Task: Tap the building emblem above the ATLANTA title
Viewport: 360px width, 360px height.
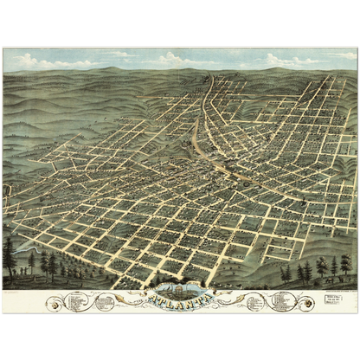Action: [181, 289]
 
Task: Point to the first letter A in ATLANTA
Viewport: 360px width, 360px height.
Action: [156, 300]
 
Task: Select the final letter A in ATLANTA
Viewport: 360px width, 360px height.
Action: [206, 300]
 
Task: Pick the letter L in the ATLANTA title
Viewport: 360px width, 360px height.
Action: [172, 300]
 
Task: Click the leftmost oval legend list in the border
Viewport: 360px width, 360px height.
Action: [75, 301]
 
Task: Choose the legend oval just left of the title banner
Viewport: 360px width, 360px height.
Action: [106, 301]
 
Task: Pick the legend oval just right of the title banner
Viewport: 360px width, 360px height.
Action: [257, 301]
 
